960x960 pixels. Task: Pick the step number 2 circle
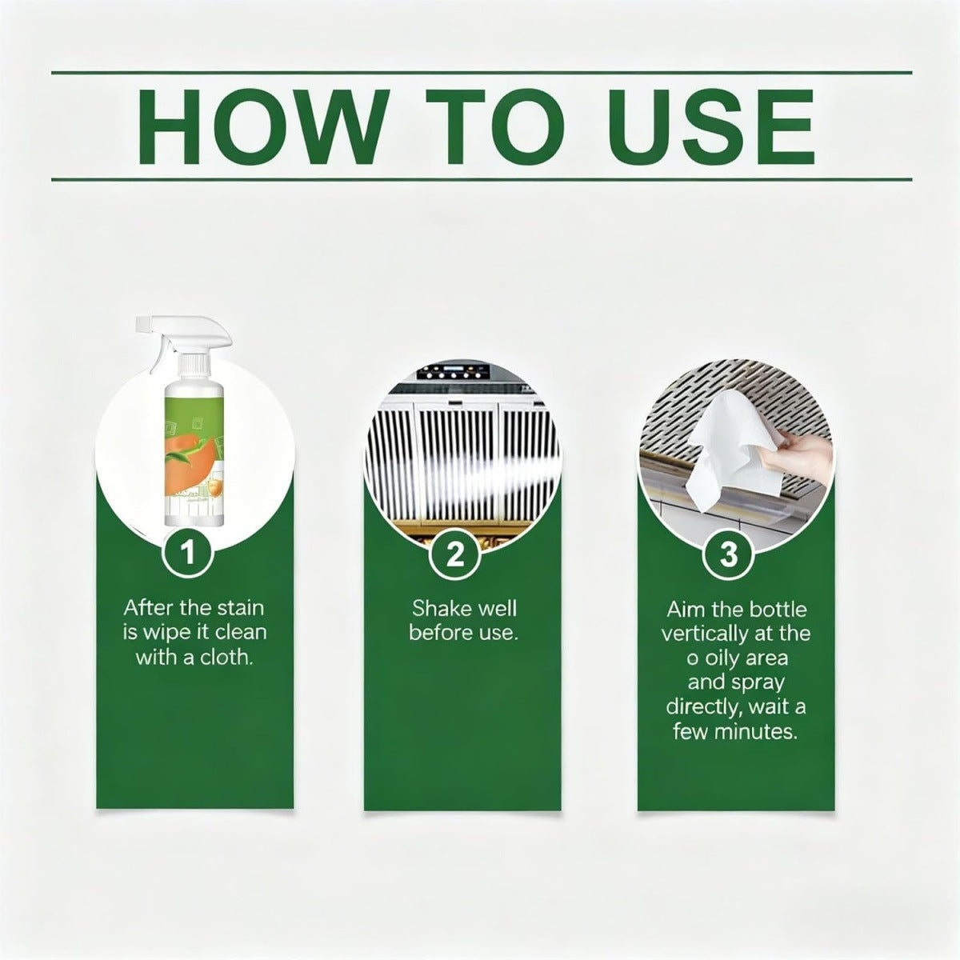click(x=454, y=554)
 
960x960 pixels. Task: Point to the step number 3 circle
click(x=727, y=554)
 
